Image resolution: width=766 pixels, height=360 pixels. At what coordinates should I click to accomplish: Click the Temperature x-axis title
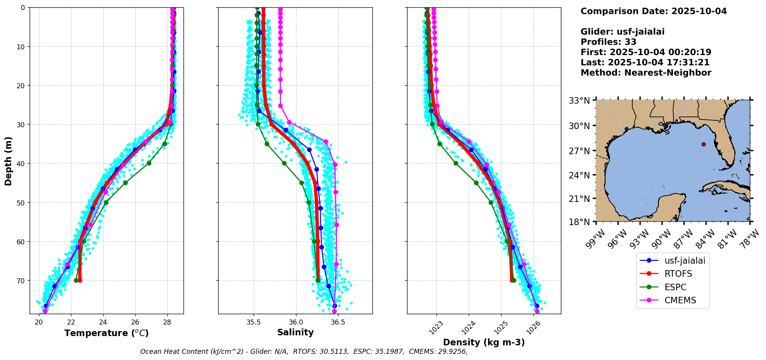(x=106, y=333)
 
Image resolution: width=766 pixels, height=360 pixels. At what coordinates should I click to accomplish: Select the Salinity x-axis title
(x=295, y=332)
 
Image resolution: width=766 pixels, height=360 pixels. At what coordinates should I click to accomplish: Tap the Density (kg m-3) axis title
(x=484, y=342)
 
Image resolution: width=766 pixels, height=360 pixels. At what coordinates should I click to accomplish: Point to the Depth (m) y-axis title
(x=8, y=161)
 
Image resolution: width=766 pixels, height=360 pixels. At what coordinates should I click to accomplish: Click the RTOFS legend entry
(x=678, y=274)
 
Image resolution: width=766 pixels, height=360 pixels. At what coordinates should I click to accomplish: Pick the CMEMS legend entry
(x=680, y=300)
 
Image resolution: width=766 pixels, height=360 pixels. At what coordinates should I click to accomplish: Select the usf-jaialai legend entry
(x=685, y=261)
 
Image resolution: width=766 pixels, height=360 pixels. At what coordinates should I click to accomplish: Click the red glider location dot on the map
(x=704, y=144)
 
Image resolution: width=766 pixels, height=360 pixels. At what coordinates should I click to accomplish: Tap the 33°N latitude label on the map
(x=579, y=101)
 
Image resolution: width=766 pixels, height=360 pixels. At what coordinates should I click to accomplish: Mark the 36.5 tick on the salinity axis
(x=338, y=322)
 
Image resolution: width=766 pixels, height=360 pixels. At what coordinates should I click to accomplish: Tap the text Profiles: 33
(x=608, y=42)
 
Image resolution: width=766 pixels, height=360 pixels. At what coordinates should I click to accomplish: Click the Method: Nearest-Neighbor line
(x=646, y=73)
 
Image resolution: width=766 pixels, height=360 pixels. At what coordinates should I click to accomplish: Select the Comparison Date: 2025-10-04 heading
(x=653, y=11)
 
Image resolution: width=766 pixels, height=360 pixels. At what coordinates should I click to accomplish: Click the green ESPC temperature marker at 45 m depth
(x=125, y=183)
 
